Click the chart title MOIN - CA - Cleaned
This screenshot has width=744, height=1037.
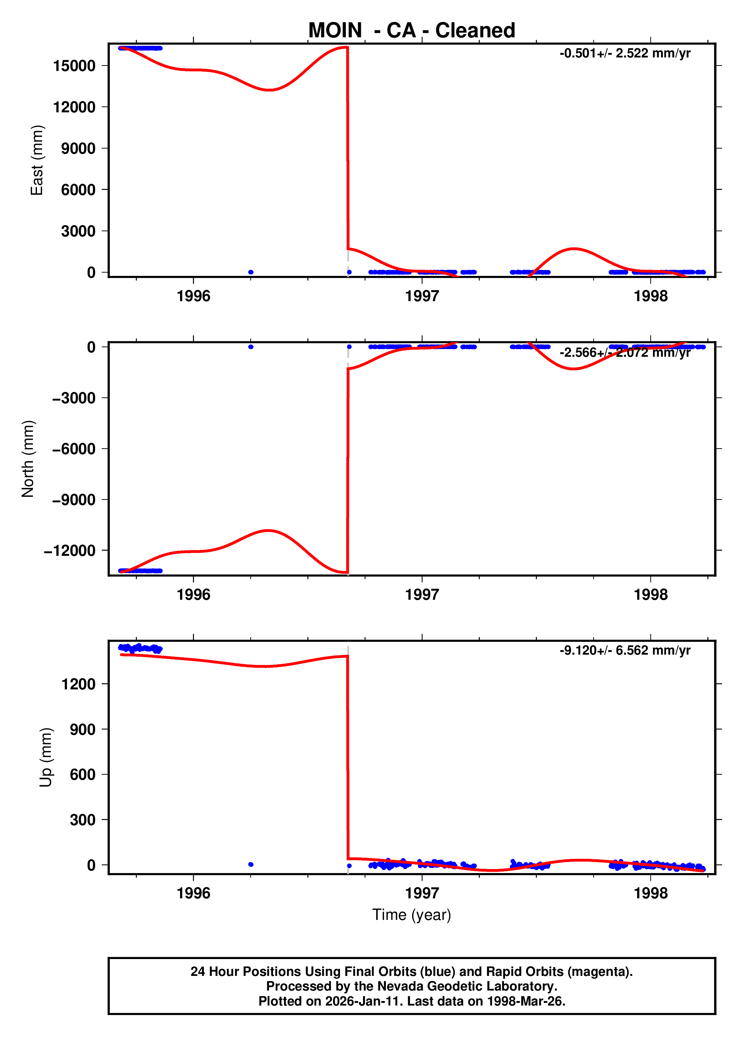pyautogui.click(x=412, y=31)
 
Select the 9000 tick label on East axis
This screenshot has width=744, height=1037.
pyautogui.click(x=78, y=149)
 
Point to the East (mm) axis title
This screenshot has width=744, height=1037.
pyautogui.click(x=37, y=160)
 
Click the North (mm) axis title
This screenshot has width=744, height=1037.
pyautogui.click(x=28, y=458)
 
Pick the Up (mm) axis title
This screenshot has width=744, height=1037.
pyautogui.click(x=46, y=757)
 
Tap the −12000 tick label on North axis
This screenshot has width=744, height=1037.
pyautogui.click(x=70, y=550)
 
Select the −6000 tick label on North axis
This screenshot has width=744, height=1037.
pyautogui.click(x=74, y=449)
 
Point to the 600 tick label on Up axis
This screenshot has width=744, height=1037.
pyautogui.click(x=82, y=775)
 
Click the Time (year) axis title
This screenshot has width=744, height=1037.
pyautogui.click(x=412, y=914)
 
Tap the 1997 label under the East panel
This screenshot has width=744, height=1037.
pyautogui.click(x=422, y=296)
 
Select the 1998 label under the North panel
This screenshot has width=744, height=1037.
pyautogui.click(x=650, y=595)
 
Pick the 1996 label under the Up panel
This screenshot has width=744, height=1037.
pyautogui.click(x=194, y=893)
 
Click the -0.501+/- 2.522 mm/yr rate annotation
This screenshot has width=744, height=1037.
pyautogui.click(x=625, y=53)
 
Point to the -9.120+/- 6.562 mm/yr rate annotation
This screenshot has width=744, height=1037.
pyautogui.click(x=625, y=650)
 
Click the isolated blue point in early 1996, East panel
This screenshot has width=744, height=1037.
pyautogui.click(x=251, y=272)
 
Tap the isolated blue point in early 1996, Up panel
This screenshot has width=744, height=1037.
pyautogui.click(x=251, y=864)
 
